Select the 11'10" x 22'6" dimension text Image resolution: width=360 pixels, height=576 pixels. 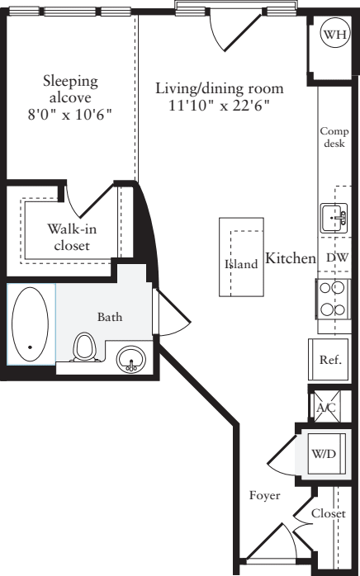tap(220, 106)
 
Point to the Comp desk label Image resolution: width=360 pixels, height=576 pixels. tap(334, 137)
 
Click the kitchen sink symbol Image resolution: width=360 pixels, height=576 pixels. tap(334, 218)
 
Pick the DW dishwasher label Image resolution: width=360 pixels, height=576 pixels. tap(337, 258)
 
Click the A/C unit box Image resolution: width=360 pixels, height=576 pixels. tap(324, 406)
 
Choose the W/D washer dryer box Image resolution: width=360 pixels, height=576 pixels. tap(322, 453)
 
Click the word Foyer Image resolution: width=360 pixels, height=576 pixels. tap(264, 496)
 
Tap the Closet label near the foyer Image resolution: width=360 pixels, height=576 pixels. tap(329, 512)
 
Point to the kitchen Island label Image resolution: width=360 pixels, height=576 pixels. tap(242, 264)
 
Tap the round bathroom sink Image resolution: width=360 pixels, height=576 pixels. tap(130, 360)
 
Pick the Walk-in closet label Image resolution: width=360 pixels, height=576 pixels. tap(69, 237)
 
